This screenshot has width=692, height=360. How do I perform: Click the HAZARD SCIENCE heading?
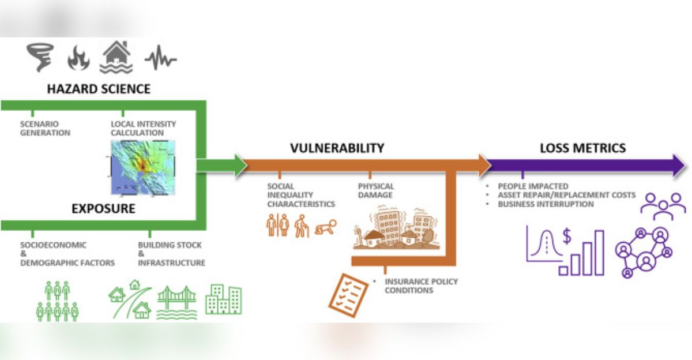click(x=99, y=89)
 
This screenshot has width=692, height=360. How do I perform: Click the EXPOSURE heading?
click(x=103, y=208)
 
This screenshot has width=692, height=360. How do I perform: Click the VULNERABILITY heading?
click(x=337, y=148)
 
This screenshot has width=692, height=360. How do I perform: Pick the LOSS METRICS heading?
click(x=582, y=148)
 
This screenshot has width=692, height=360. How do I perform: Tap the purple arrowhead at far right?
click(x=675, y=166)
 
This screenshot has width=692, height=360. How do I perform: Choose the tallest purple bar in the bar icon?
click(x=599, y=253)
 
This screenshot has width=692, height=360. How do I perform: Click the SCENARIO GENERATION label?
click(x=45, y=128)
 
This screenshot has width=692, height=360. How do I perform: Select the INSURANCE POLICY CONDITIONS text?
click(x=421, y=286)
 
